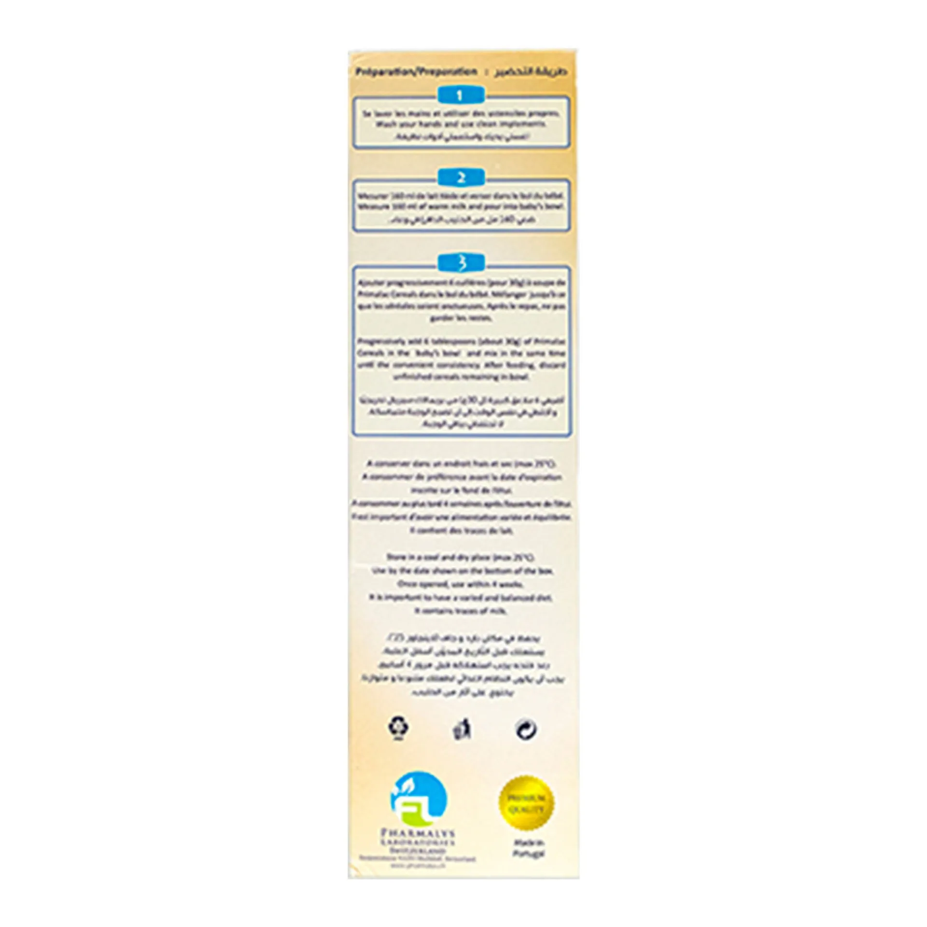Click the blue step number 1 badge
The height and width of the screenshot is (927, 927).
coord(460,96)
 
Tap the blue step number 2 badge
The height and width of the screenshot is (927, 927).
coord(460,178)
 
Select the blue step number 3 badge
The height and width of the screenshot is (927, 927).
coord(460,263)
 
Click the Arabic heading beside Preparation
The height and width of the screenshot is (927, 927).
coord(531,72)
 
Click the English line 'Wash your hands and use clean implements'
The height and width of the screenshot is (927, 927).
coord(461,124)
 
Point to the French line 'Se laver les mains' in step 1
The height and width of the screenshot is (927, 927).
coord(461,113)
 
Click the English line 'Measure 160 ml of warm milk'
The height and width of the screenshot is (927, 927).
coord(461,207)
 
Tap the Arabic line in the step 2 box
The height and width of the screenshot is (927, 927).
coord(461,220)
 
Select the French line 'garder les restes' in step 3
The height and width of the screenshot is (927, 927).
coord(461,318)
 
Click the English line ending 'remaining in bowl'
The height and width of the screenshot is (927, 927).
coord(461,377)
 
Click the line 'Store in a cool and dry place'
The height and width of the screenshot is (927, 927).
coord(461,557)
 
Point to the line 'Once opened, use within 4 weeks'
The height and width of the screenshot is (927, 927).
coord(461,584)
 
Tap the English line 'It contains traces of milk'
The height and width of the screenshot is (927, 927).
coord(461,611)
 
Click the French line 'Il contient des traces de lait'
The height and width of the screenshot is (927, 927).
coord(461,530)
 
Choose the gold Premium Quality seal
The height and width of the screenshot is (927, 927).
coord(526,803)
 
